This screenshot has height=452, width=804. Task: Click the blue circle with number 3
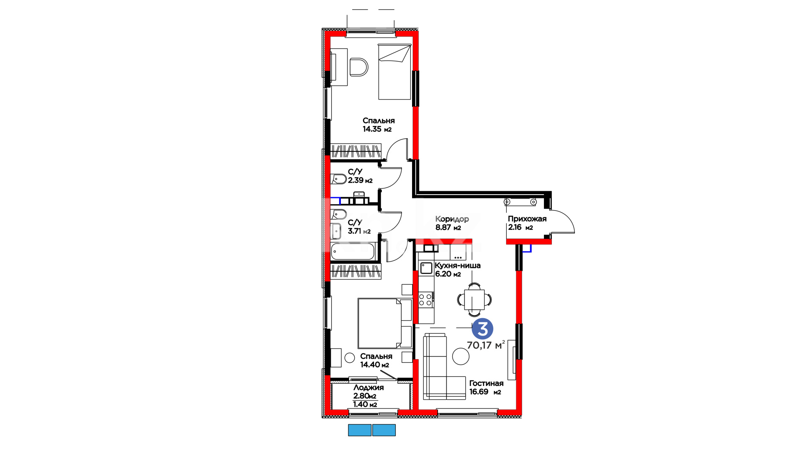click(x=482, y=329)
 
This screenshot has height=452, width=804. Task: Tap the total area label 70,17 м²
click(x=486, y=345)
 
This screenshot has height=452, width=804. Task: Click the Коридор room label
click(x=452, y=219)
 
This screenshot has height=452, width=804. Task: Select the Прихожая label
click(x=527, y=219)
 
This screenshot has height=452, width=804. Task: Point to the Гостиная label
click(x=486, y=383)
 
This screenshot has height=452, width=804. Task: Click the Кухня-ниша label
click(x=457, y=265)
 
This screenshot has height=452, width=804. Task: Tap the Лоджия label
click(x=368, y=388)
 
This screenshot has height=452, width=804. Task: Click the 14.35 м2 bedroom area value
click(x=377, y=129)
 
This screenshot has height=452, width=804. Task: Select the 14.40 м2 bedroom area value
click(x=374, y=365)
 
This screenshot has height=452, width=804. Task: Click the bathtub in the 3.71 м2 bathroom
click(x=353, y=252)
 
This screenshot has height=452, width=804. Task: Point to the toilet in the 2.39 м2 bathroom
click(x=339, y=179)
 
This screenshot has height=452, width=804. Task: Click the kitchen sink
click(x=426, y=268)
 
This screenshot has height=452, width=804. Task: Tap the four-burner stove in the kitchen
click(x=425, y=300)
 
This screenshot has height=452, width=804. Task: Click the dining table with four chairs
click(x=474, y=300)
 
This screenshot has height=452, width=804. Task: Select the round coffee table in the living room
click(x=461, y=357)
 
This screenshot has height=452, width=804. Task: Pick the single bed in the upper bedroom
click(x=394, y=72)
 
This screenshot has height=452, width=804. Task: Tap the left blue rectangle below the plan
click(x=360, y=430)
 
